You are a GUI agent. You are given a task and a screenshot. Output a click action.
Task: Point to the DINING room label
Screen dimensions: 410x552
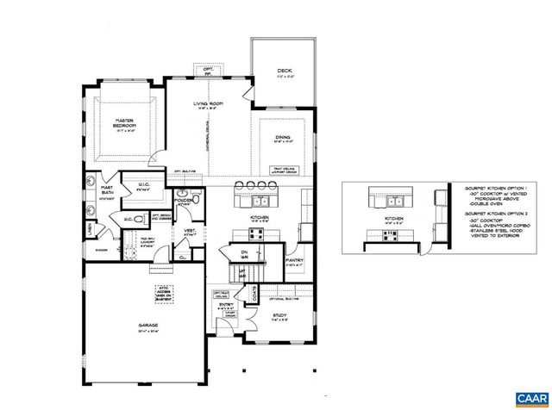pyautogui.click(x=283, y=137)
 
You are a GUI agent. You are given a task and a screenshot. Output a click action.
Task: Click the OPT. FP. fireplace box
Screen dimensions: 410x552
pyautogui.click(x=208, y=69)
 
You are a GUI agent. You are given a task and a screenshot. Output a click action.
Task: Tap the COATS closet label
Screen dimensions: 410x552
pyautogui.click(x=254, y=294)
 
